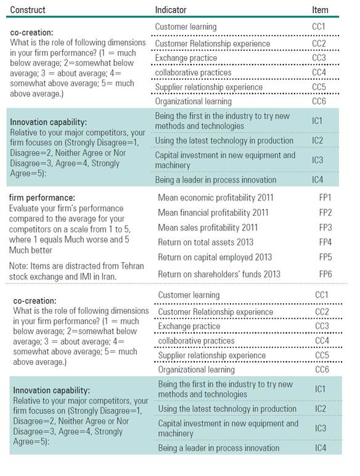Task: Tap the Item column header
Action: [320, 10]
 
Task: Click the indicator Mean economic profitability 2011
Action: [215, 198]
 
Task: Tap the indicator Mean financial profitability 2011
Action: [213, 213]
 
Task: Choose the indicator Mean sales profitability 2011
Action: [208, 228]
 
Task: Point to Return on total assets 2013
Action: [205, 242]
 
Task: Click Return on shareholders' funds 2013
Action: [219, 274]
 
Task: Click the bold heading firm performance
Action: [41, 197]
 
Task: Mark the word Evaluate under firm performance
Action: [25, 208]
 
